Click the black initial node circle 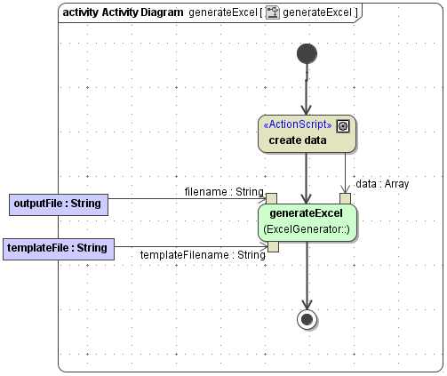tap(307, 53)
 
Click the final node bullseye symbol tap(307, 319)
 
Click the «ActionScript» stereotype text tap(298, 124)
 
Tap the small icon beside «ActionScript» tap(342, 125)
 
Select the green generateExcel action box tap(307, 222)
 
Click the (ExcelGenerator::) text tap(307, 230)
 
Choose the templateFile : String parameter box tap(59, 247)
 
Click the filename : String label tap(224, 191)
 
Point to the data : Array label tap(382, 184)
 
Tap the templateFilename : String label tap(203, 255)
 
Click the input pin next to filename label tap(272, 198)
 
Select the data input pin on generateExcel tap(345, 198)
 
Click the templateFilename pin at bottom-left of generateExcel tap(274, 246)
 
